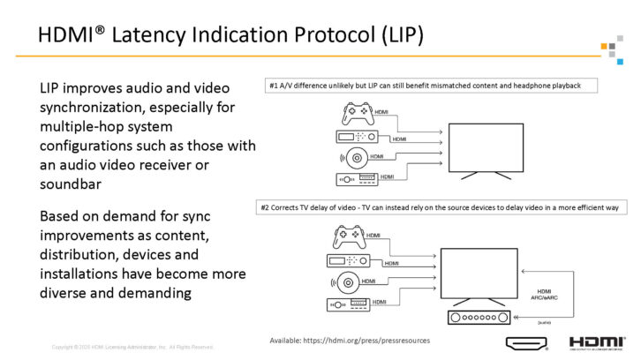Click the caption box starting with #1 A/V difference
point(432,86)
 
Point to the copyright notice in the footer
point(132,347)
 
